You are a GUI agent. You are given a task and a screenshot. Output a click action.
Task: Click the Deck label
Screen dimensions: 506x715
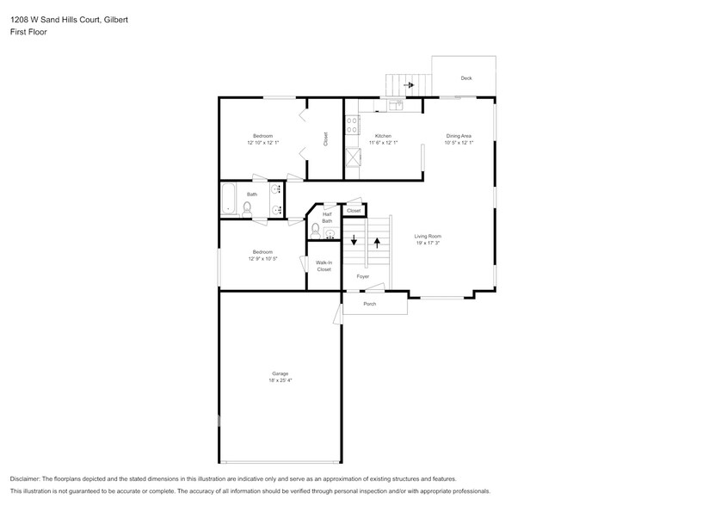click(x=465, y=78)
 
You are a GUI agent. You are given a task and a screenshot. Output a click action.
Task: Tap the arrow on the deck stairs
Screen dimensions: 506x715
click(x=409, y=85)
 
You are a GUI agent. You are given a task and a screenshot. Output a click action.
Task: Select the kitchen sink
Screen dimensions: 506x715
click(x=395, y=106)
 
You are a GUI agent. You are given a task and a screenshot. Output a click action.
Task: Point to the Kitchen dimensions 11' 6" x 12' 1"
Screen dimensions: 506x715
click(x=383, y=142)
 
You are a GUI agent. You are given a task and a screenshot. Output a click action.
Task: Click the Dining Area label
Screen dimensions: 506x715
click(x=458, y=135)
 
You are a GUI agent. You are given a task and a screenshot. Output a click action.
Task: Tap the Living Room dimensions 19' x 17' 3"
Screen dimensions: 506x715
click(x=428, y=244)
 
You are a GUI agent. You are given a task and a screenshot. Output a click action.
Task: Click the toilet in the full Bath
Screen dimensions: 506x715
click(x=247, y=207)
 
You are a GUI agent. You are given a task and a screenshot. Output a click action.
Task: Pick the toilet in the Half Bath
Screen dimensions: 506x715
click(x=316, y=229)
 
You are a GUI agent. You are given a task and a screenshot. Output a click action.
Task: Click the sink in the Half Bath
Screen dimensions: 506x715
click(x=330, y=231)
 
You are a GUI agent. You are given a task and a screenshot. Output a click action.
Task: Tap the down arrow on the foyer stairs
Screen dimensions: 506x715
click(x=354, y=241)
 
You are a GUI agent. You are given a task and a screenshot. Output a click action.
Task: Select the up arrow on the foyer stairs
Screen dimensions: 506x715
click(x=376, y=242)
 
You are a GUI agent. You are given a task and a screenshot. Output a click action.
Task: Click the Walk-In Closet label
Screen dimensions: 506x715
click(x=324, y=266)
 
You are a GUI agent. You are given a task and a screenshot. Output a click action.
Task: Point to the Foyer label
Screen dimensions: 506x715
click(x=363, y=276)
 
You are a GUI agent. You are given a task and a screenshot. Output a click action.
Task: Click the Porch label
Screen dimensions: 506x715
click(x=369, y=304)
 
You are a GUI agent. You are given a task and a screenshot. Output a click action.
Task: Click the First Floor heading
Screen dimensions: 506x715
click(x=28, y=31)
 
